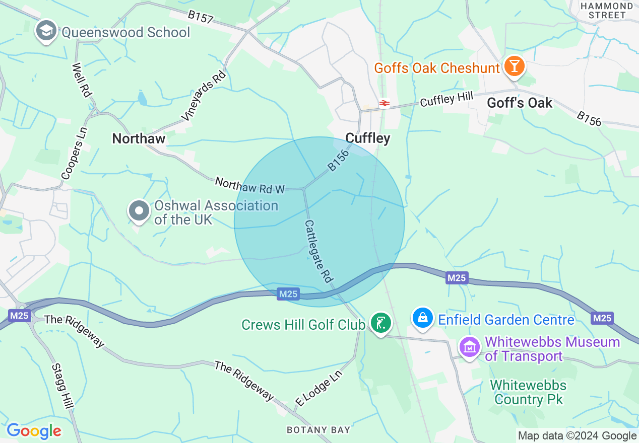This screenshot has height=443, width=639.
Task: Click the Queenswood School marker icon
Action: (46, 30)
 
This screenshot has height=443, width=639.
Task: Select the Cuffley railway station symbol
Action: (385, 103)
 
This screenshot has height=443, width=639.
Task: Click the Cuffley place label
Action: (368, 138)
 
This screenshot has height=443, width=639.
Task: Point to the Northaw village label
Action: (139, 138)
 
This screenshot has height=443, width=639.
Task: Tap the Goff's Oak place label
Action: (520, 103)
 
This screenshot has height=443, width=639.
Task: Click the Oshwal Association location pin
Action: (139, 211)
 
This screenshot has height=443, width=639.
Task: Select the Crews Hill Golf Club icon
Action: (381, 323)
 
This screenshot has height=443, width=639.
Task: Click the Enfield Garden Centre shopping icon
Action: (422, 318)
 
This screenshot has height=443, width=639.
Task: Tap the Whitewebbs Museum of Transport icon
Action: (470, 347)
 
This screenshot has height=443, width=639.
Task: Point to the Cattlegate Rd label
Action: (319, 250)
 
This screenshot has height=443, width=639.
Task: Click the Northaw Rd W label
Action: (250, 185)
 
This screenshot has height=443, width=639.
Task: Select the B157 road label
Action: (201, 17)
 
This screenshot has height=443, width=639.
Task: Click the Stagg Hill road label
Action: (62, 385)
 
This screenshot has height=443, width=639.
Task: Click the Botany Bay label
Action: (318, 430)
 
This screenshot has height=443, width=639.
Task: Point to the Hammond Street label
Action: (607, 10)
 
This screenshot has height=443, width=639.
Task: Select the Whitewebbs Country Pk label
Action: (528, 393)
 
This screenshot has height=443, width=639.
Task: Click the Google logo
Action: (34, 431)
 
